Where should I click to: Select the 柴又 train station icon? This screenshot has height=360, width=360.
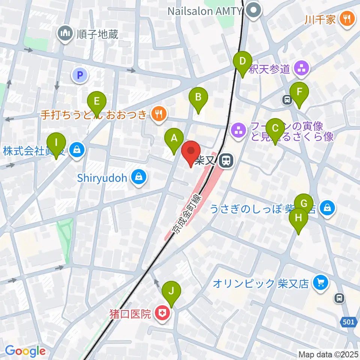click(x=226, y=162)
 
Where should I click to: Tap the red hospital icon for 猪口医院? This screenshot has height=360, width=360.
click(x=162, y=313)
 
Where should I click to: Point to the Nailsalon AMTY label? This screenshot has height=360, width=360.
click(x=205, y=11)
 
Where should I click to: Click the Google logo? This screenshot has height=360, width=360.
click(x=25, y=351)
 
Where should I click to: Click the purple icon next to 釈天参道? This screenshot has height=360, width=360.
click(x=302, y=68)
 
